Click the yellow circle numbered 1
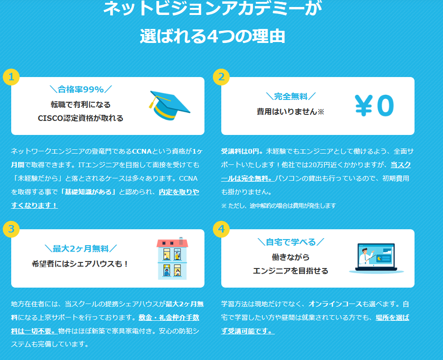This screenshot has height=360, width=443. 11,77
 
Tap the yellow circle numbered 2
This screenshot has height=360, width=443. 221,77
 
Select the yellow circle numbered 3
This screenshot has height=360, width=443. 11,229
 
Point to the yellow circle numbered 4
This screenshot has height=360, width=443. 221,229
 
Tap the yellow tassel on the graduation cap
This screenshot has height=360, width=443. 153,103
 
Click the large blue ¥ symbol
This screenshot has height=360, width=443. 364,106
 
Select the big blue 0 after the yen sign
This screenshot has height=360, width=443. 386,106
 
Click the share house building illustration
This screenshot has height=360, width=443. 172,259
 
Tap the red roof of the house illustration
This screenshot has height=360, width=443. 172,243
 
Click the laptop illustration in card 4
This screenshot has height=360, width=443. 376,258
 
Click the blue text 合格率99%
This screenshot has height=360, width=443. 81,89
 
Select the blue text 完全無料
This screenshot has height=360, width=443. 291,97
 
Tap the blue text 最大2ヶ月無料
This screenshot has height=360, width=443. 81,249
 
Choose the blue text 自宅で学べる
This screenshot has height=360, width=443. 291,242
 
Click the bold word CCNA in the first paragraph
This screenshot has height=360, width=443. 142,151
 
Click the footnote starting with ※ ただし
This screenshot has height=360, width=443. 279,206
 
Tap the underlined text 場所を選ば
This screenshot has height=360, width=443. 392,318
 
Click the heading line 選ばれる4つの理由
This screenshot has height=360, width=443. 212,36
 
